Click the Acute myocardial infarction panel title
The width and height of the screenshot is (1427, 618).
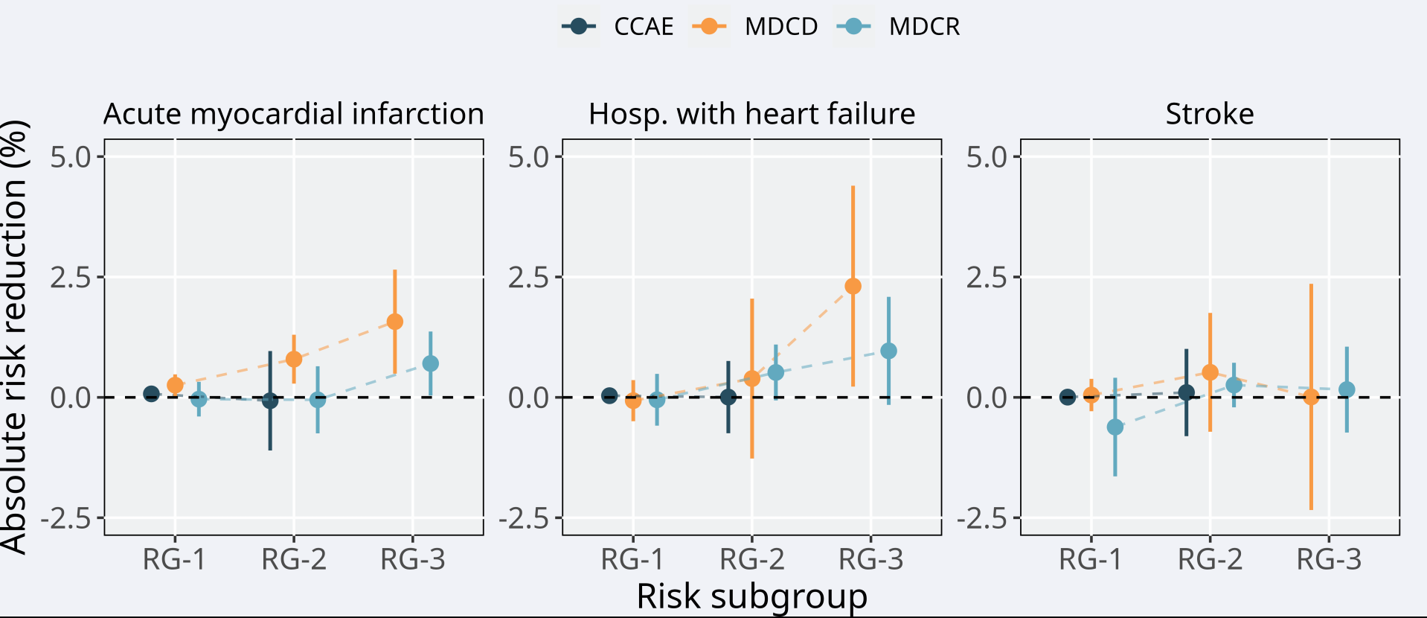pos(293,114)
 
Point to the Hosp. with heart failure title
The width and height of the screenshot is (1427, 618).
pos(751,114)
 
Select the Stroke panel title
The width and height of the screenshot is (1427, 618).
pos(1209,114)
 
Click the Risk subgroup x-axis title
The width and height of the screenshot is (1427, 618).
pos(751,596)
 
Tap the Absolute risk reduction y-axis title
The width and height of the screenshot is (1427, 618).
pos(15,337)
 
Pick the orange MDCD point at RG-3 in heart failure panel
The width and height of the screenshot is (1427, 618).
pos(853,286)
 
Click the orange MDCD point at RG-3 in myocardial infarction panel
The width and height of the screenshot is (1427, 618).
pos(395,322)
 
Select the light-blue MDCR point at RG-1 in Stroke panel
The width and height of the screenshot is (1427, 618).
pos(1115,427)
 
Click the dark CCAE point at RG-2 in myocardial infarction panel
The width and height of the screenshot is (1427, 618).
pos(270,401)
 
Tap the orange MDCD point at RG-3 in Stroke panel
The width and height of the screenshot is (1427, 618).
pos(1311,397)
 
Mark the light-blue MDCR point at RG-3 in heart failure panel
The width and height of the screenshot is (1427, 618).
pos(888,351)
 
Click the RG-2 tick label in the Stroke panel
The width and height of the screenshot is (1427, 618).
pos(1210,559)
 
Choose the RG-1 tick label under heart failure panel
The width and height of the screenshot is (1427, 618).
pos(632,559)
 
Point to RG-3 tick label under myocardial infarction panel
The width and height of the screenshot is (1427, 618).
pos(412,559)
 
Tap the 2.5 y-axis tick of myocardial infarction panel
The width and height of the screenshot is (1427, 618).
pos(71,278)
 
